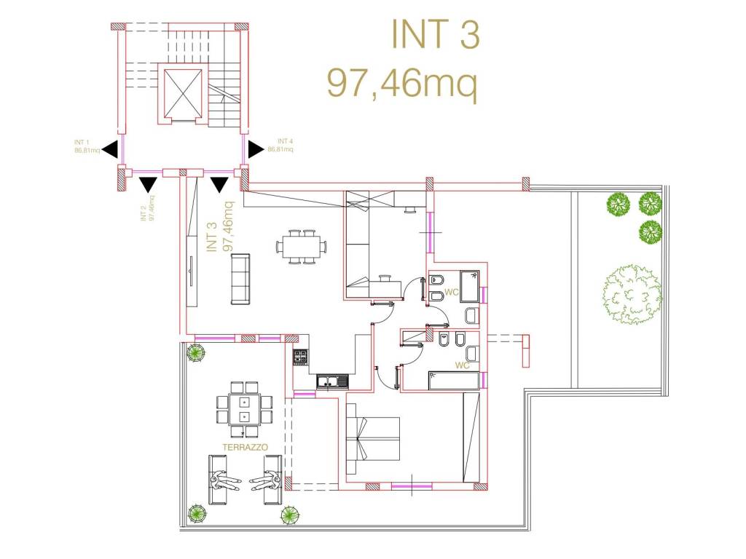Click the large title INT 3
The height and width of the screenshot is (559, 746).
pos(436,33)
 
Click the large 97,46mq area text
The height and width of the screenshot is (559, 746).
pos(402,82)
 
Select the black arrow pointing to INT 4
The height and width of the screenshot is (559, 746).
pos(256,149)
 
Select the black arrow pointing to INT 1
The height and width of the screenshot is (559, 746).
pos(110,149)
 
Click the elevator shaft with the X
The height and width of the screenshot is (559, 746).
pos(183,93)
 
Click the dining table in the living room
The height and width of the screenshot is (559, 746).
pos(302,247)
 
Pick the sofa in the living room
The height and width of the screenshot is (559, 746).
pos(240,279)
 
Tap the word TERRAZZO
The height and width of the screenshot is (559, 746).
pos(245,448)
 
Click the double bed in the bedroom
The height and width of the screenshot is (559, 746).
pos(372,439)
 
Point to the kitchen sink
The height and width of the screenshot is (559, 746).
pos(332,381)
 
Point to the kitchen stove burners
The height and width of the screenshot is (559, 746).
pos(301,357)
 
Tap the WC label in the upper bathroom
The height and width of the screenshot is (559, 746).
pos(451,292)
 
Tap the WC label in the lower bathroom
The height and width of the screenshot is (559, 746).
pos(462,365)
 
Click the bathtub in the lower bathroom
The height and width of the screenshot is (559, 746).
pos(454,381)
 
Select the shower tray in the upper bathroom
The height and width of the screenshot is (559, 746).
pos(469,286)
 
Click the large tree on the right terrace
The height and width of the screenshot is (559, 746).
pos(632,295)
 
